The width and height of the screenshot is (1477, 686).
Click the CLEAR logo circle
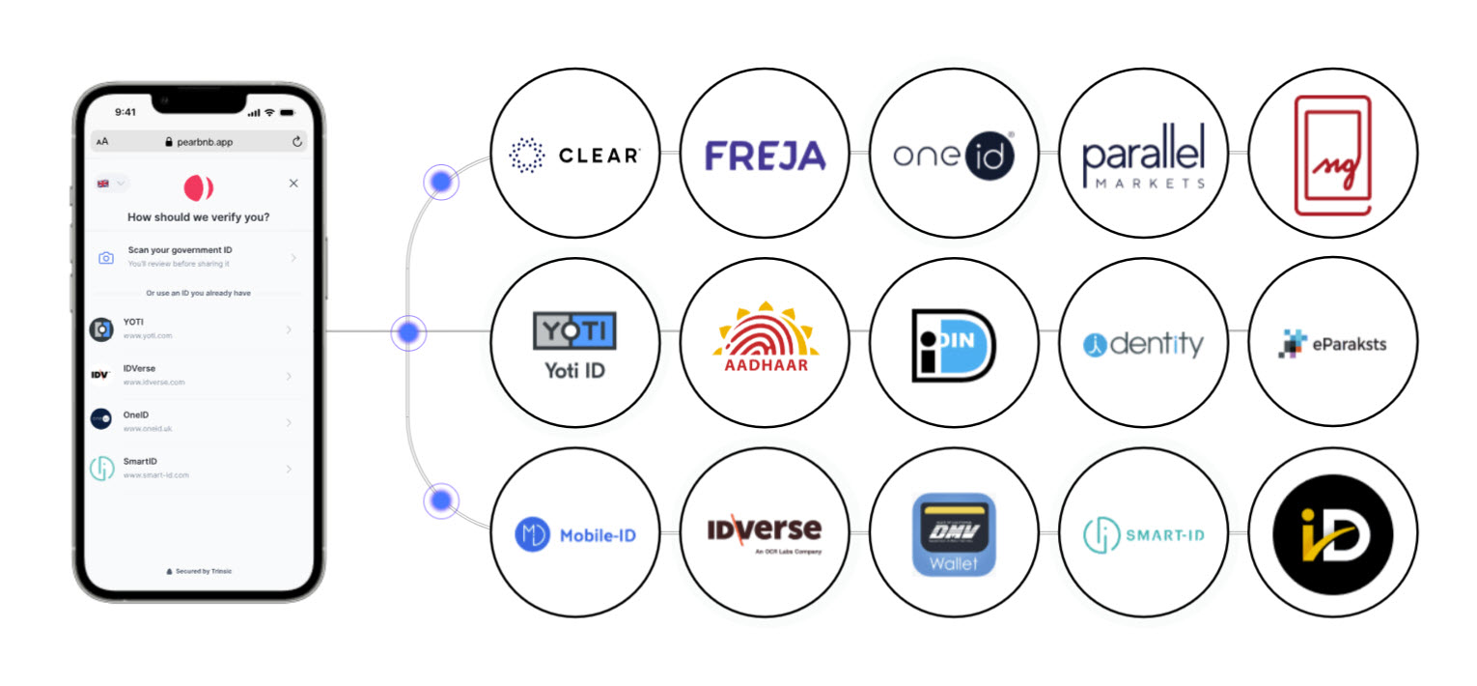(574, 154)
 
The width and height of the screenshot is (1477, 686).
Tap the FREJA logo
(765, 155)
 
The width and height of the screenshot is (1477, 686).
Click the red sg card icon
(1332, 155)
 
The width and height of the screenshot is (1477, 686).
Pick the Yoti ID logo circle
(574, 343)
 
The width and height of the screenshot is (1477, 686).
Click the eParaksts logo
(1332, 343)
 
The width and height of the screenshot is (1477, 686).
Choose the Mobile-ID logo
(574, 533)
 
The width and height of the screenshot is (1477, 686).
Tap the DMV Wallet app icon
(954, 534)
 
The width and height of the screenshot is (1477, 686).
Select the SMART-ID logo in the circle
(1143, 534)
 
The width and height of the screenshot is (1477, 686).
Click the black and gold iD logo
(1332, 534)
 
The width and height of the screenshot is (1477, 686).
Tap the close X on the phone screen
(293, 184)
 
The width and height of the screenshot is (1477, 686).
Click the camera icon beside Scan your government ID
(106, 258)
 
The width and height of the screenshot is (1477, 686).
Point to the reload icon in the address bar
(296, 142)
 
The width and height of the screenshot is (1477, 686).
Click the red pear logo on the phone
(198, 187)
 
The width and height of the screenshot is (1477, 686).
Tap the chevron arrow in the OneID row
(290, 422)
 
